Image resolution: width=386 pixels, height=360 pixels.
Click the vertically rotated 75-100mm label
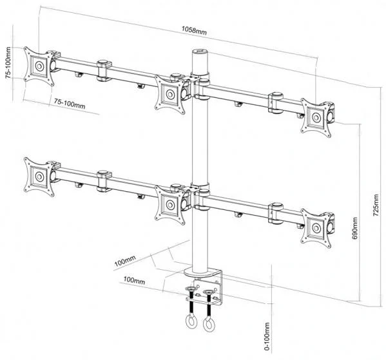[x=8, y=64]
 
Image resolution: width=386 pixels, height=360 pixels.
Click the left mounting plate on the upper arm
[x=39, y=66]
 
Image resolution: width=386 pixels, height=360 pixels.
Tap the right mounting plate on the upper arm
[x=317, y=117]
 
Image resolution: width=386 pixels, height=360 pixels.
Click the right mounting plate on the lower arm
[x=317, y=226]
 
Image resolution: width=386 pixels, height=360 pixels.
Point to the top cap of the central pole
[x=199, y=53]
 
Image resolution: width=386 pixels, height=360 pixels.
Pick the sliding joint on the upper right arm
[x=276, y=103]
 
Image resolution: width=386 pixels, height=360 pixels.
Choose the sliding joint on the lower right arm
[x=276, y=213]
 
